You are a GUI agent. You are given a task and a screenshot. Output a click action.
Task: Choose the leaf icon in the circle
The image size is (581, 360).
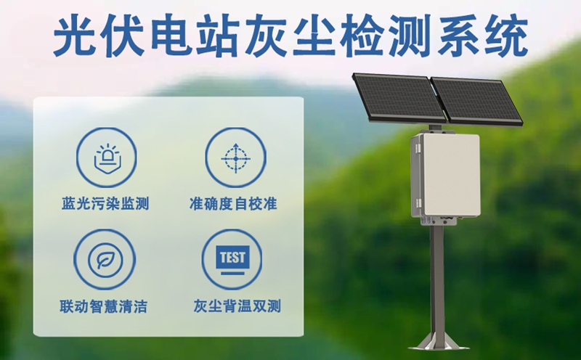(106, 260)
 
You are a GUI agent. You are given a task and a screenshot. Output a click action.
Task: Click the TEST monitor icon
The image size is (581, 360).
(233, 260)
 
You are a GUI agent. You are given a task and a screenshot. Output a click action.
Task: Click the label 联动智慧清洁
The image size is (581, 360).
(106, 307)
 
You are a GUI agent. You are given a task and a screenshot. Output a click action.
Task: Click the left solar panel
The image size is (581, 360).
(398, 97)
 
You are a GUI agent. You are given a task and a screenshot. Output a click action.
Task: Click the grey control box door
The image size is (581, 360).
(452, 175)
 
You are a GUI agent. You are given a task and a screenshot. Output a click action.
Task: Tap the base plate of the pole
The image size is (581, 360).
(437, 342)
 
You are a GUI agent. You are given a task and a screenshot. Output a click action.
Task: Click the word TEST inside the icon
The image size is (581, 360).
(233, 256)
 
